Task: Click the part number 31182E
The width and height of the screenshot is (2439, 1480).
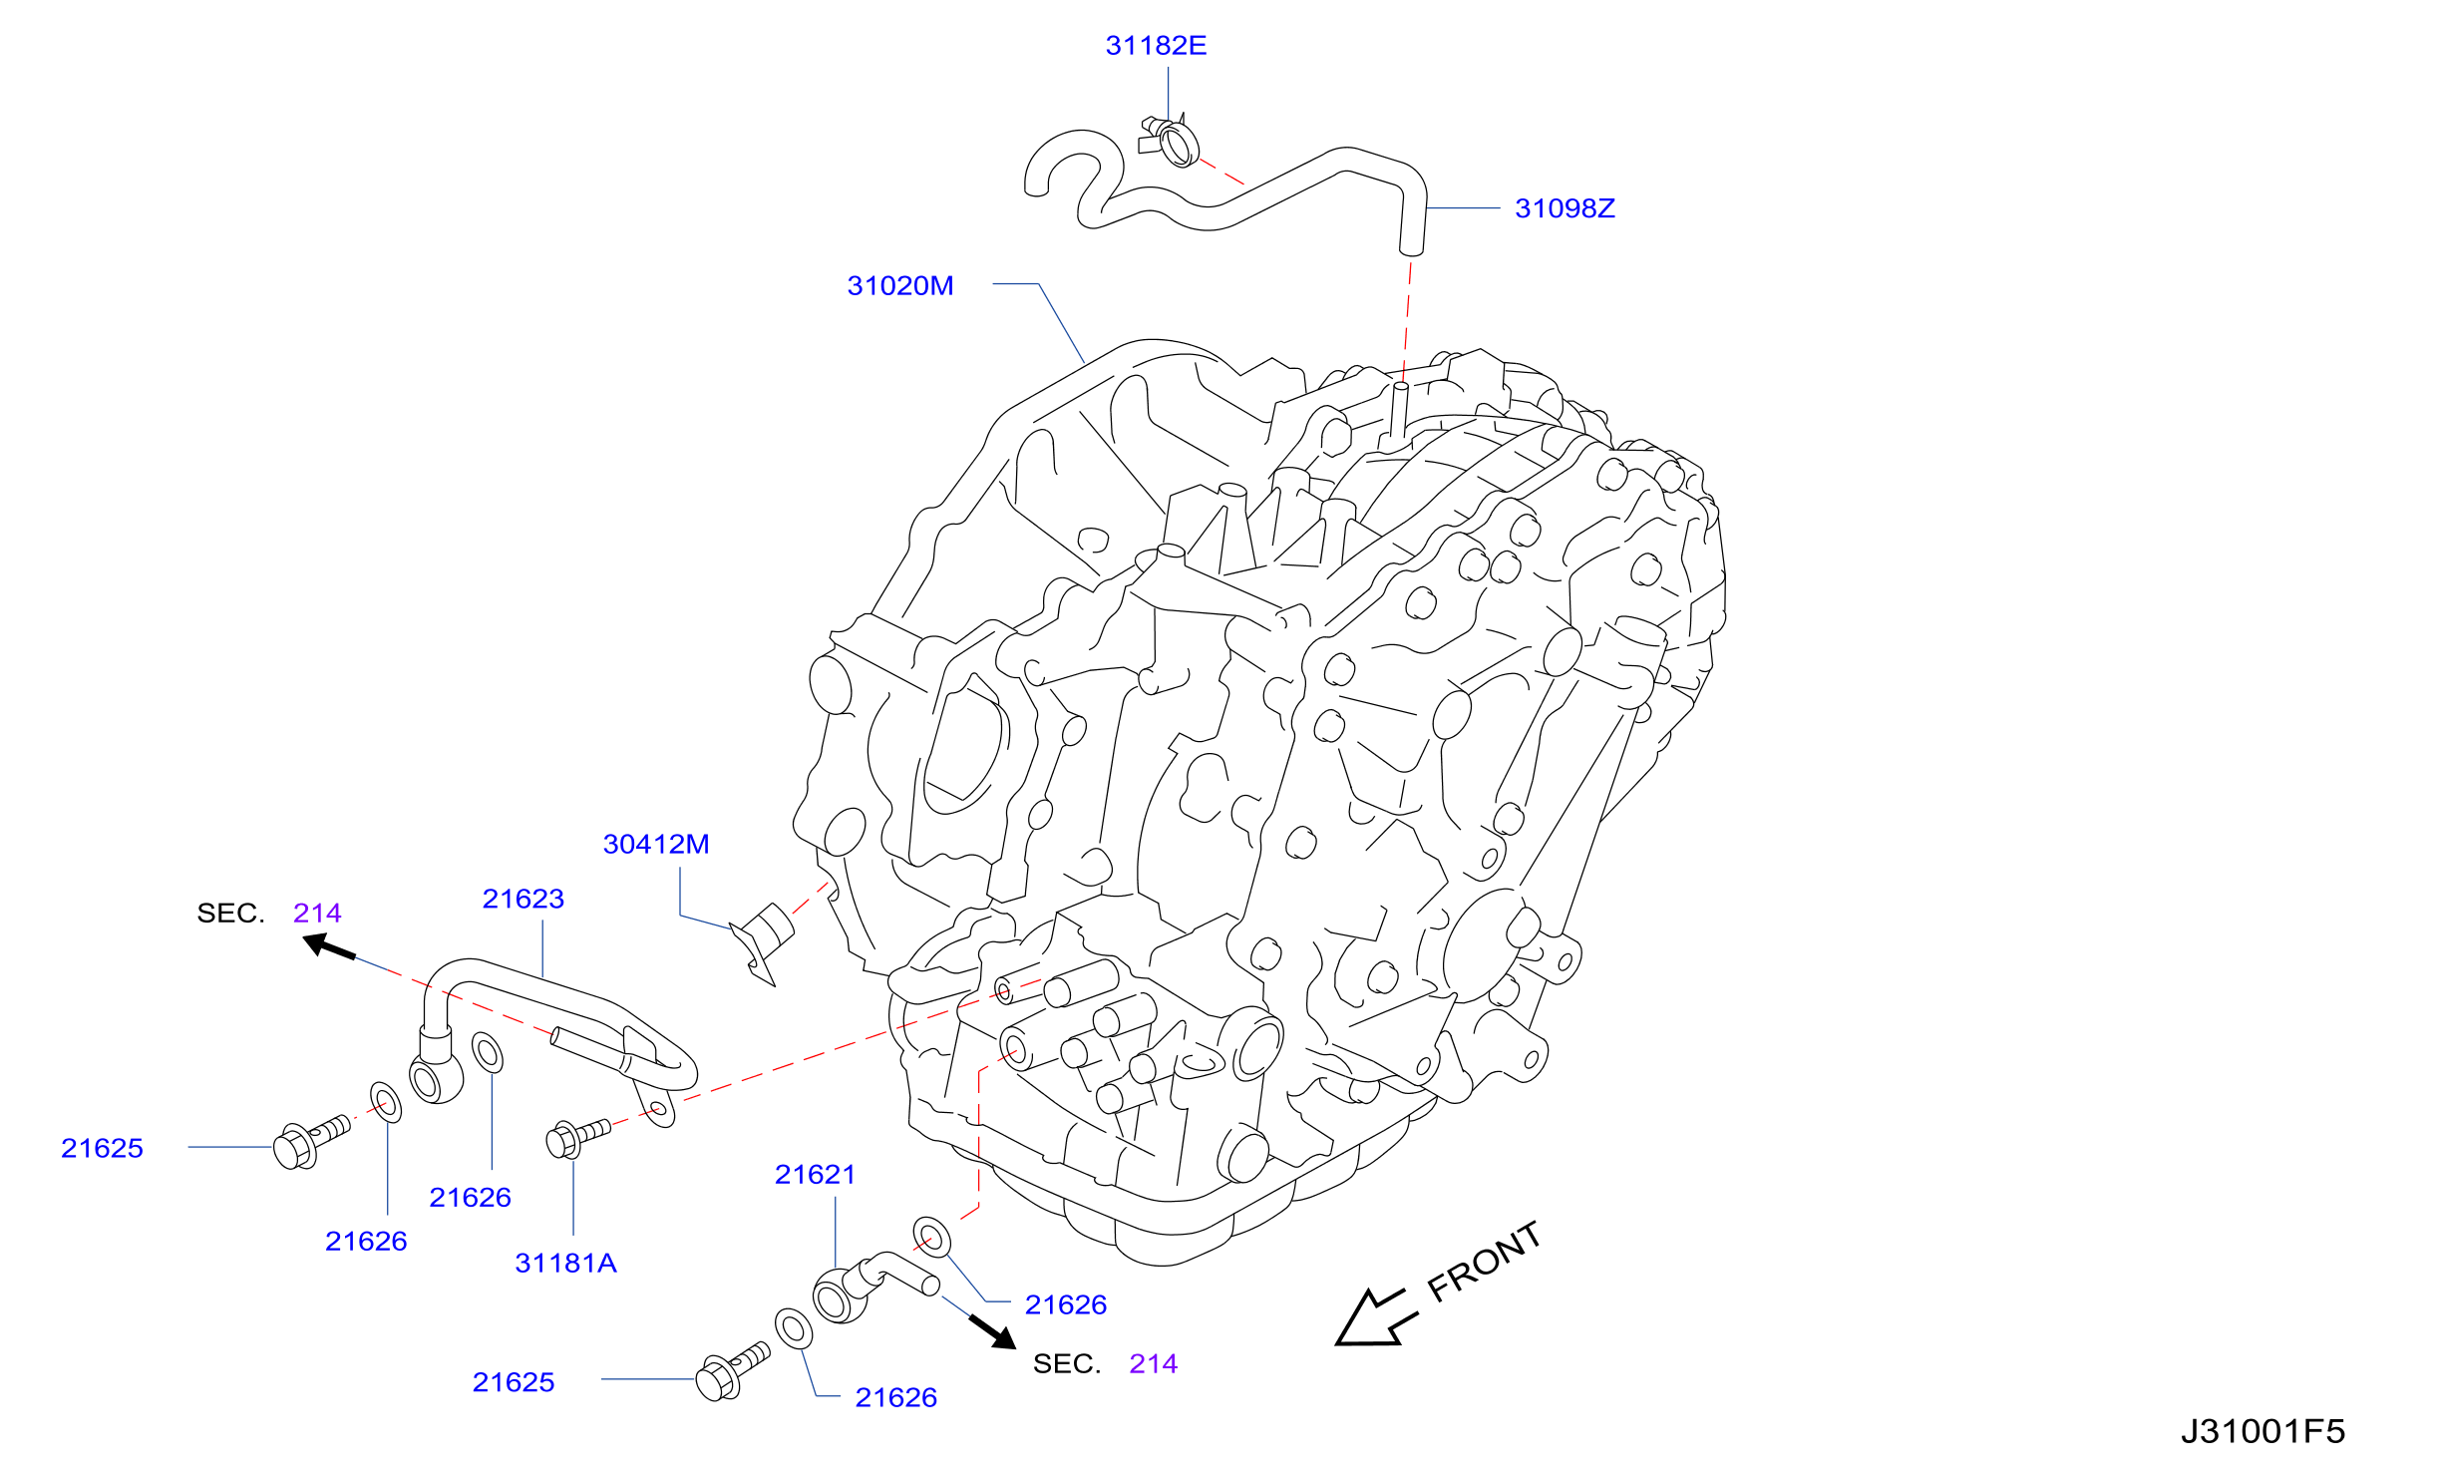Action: pyautogui.click(x=1156, y=46)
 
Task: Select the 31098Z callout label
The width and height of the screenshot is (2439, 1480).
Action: pyautogui.click(x=1565, y=208)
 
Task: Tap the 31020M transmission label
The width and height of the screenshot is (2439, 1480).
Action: pyautogui.click(x=900, y=286)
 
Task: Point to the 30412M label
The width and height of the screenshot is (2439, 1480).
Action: pyautogui.click(x=656, y=845)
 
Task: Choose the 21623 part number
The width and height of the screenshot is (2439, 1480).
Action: pyautogui.click(x=523, y=900)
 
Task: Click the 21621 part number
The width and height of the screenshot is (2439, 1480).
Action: pyautogui.click(x=816, y=1175)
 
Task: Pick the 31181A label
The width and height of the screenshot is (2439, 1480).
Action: pyautogui.click(x=565, y=1264)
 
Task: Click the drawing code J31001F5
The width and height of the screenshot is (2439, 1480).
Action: pyautogui.click(x=2263, y=1432)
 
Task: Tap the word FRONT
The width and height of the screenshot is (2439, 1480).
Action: pyautogui.click(x=1485, y=1262)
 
